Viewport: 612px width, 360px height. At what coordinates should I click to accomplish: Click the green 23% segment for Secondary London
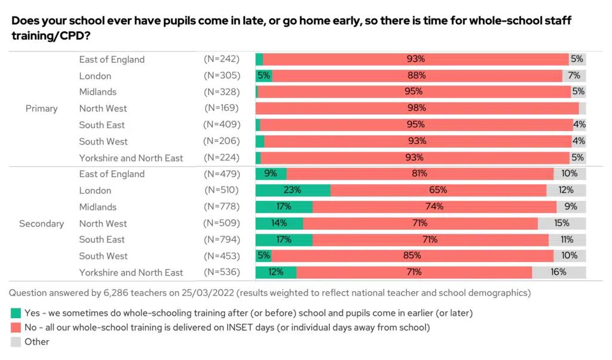(293, 190)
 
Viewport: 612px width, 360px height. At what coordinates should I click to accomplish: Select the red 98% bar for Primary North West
(417, 108)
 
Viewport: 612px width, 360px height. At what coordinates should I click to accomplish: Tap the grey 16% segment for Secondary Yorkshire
(559, 272)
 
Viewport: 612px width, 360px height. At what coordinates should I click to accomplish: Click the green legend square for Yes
(16, 313)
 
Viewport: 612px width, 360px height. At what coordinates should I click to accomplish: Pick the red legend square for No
(16, 327)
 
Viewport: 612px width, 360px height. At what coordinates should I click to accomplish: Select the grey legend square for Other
(16, 342)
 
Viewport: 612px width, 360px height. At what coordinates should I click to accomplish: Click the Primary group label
(41, 108)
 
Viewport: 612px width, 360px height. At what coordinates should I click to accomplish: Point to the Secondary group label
(41, 224)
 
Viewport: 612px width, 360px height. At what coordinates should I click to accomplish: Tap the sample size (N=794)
(222, 239)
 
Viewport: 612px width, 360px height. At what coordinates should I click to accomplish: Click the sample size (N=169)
(222, 108)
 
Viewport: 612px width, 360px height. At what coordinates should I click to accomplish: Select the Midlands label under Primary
(98, 91)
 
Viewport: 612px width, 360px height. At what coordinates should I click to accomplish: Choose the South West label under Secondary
(103, 256)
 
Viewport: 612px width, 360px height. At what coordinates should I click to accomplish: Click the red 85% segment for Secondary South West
(412, 256)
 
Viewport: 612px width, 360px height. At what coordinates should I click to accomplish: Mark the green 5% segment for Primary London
(264, 75)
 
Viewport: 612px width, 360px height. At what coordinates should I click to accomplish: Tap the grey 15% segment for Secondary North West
(562, 223)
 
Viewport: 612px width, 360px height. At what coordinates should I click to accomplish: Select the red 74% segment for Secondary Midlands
(434, 207)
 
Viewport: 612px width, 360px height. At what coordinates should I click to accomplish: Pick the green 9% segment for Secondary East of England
(271, 174)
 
